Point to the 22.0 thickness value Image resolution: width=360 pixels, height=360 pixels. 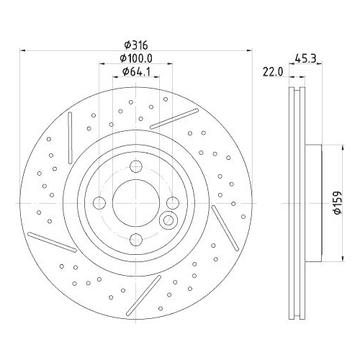pyautogui.click(x=271, y=71)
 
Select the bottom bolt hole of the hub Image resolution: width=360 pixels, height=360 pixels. pyautogui.click(x=135, y=240)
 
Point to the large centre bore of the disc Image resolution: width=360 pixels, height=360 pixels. pyautogui.click(x=135, y=204)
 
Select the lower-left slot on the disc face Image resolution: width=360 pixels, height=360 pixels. pyautogui.click(x=53, y=243)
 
